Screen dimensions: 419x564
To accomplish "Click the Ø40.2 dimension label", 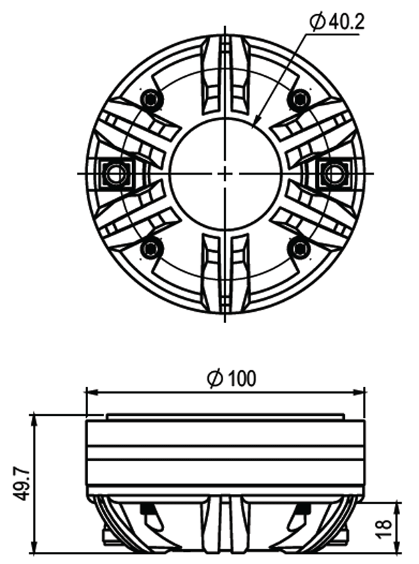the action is coord(337,22).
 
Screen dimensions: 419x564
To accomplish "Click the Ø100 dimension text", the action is coord(232,378).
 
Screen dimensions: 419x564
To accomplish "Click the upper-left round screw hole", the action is coord(151,98).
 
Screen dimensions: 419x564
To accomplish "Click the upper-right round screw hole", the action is coord(300,99).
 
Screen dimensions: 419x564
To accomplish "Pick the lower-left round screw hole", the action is coord(151,248).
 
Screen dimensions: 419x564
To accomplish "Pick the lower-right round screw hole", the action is coord(300,248).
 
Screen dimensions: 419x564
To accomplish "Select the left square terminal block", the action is coord(116,173).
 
